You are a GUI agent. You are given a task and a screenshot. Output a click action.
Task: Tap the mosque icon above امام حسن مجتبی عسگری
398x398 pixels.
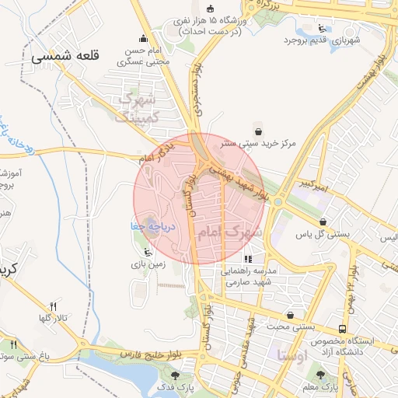(142, 39)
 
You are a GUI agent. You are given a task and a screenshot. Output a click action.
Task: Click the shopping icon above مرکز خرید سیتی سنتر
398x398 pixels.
(257, 131)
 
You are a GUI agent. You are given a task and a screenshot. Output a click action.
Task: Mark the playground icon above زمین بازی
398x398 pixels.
(147, 251)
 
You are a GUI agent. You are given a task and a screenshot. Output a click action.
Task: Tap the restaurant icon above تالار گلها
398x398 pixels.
(53, 305)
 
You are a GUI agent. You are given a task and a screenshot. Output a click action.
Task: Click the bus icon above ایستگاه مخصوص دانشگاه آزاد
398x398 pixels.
(343, 330)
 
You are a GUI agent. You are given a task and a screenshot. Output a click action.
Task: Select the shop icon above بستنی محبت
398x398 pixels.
(290, 315)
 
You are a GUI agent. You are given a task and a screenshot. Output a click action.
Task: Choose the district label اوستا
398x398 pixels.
(292, 354)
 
